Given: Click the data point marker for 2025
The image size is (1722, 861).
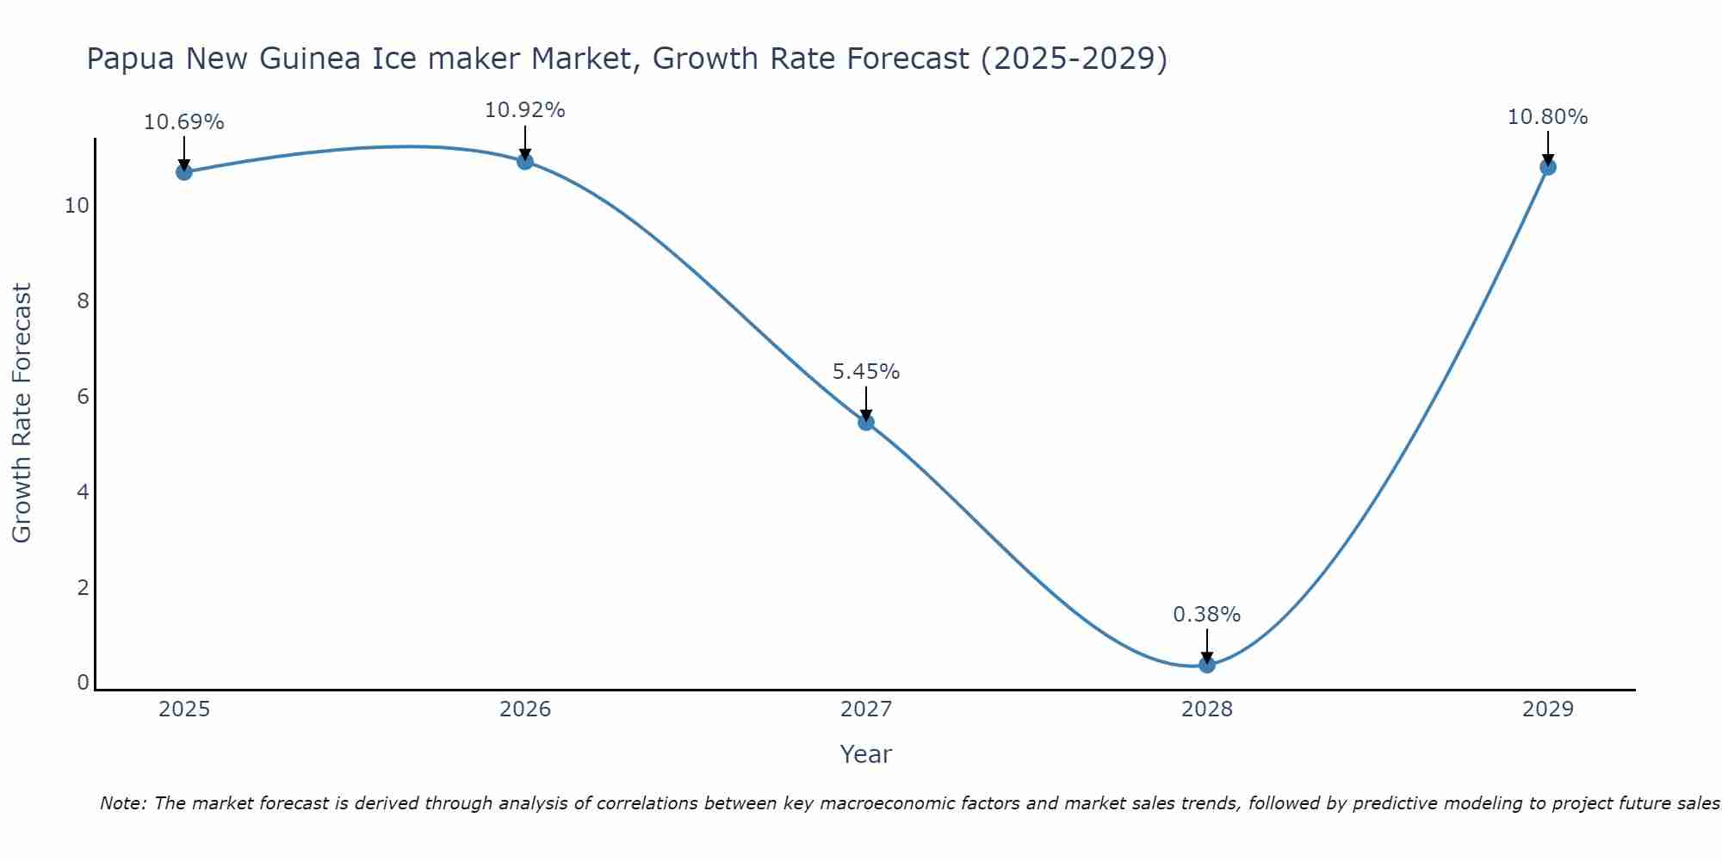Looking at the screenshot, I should pos(183,172).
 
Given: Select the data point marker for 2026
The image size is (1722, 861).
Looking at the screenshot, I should pos(525,161).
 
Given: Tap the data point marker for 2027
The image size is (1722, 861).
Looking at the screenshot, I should pos(866,422).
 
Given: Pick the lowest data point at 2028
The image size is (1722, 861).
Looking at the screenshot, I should pos(1207,665).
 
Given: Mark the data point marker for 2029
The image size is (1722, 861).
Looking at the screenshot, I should pos(1548,167).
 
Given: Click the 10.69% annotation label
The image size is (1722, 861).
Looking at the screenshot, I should pos(183,122).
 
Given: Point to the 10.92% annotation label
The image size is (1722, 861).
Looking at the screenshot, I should pos(525,110).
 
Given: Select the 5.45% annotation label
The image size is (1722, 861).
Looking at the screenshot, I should pos(866,372).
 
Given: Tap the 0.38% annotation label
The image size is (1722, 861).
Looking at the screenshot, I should pos(1207,615).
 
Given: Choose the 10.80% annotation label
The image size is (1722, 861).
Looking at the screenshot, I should pos(1548,117).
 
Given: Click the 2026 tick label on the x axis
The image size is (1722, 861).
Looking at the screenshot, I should pos(525,709).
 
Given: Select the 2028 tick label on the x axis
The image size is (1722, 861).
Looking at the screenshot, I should pos(1207,709).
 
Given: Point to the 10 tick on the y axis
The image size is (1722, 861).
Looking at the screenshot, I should pos(77,206).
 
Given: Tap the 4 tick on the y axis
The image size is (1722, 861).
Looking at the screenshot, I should pos(83,492).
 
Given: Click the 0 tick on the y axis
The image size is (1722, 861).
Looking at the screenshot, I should pos(83,683).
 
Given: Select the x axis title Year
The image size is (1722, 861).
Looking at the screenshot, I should pos(866,754).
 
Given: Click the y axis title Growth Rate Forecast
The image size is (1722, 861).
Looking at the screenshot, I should pos(22,413).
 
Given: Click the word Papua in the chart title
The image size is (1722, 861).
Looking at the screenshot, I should pos(130,59).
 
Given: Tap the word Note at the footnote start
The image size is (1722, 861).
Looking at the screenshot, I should pos(123,803).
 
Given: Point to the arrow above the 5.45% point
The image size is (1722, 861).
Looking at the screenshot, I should pos(866,403).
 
